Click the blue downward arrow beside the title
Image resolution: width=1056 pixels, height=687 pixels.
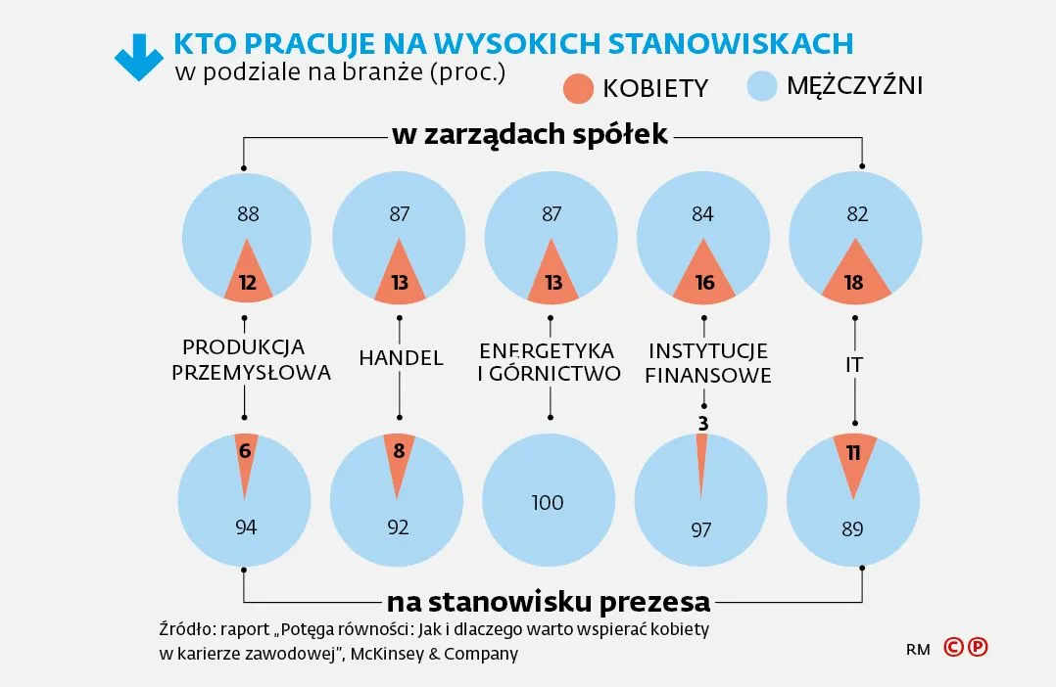[x=138, y=56]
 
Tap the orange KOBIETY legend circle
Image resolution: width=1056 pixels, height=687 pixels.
[x=579, y=87]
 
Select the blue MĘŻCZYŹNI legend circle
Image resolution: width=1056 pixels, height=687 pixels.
[x=761, y=86]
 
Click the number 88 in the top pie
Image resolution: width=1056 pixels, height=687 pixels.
[x=247, y=213]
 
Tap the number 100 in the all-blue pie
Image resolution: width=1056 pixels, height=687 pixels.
[x=548, y=503]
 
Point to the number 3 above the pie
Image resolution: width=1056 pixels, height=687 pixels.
[x=703, y=423]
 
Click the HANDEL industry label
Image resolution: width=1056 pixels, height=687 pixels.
[x=401, y=358]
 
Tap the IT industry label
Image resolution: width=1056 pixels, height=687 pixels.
[x=855, y=365]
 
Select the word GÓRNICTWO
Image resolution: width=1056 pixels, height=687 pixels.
[x=565, y=374]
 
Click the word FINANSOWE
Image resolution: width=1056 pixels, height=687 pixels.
[x=708, y=376]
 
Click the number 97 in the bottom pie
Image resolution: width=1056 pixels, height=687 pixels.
[x=700, y=530]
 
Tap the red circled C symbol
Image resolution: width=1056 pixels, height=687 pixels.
[x=953, y=647]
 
